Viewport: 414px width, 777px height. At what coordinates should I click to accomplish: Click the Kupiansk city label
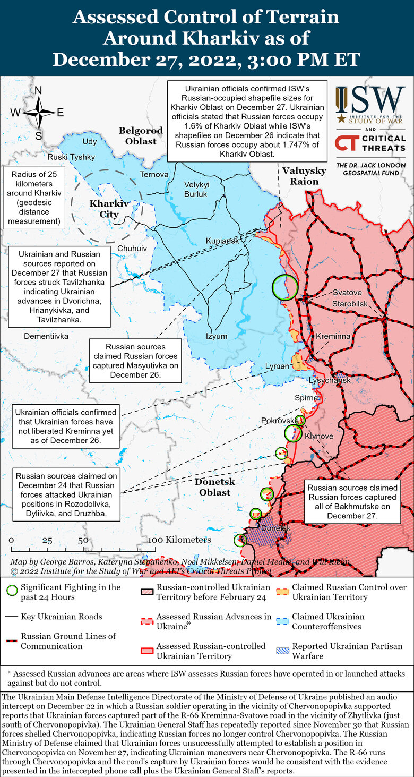[x=222, y=241]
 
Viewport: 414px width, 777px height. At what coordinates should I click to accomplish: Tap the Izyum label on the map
[x=217, y=336]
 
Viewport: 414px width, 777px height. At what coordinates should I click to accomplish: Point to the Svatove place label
[x=347, y=293]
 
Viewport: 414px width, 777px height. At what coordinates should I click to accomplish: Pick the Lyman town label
[x=277, y=366]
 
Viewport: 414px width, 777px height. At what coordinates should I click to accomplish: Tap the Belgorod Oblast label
[x=137, y=136]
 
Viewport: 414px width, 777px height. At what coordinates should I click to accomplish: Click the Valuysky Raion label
[x=304, y=176]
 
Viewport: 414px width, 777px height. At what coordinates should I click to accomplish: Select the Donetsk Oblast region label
[x=212, y=487]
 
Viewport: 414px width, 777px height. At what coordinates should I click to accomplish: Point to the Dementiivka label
[x=46, y=336]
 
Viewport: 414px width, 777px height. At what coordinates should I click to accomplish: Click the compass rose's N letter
[x=38, y=90]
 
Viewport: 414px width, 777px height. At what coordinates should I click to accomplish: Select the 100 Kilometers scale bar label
[x=179, y=540]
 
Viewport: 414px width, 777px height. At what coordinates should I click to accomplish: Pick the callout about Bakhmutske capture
[x=352, y=501]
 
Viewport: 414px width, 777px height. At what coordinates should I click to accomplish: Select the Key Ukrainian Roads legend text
[x=62, y=617]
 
